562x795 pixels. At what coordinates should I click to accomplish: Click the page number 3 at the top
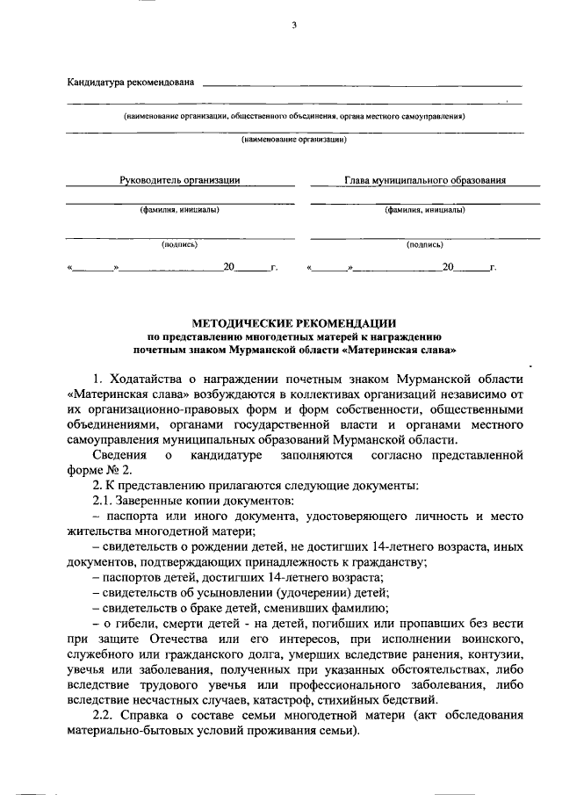coord(294,26)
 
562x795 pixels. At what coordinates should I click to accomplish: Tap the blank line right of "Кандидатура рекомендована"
coord(361,84)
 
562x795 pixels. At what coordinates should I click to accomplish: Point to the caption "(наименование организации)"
coord(294,139)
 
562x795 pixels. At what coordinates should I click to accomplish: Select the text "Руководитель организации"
coord(180,180)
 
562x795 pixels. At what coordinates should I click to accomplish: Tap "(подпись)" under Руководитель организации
coord(180,246)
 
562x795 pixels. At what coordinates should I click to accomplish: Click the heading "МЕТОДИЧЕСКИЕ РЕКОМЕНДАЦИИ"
coord(294,322)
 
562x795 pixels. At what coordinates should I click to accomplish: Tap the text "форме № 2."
coord(94,471)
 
